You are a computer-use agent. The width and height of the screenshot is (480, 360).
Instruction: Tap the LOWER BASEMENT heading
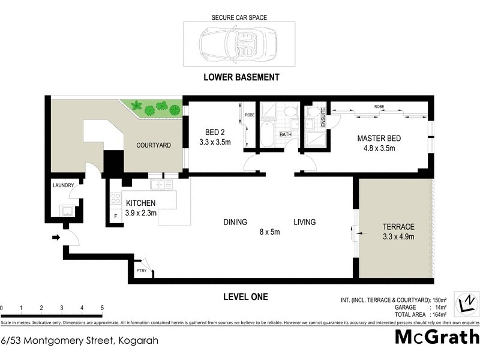[241, 77]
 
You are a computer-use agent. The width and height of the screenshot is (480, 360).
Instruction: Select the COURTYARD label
[154, 145]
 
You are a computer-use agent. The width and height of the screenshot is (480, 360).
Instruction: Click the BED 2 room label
[214, 138]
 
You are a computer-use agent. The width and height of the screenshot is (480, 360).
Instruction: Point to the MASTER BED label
[379, 143]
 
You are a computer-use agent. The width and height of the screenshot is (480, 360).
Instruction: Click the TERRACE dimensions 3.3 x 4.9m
[399, 236]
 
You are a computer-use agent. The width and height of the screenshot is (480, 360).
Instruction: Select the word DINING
[235, 222]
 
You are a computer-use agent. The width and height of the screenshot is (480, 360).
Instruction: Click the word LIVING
[304, 222]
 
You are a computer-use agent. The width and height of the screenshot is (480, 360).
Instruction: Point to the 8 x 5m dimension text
[269, 232]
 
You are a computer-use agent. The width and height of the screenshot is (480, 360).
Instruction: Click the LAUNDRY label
[63, 186]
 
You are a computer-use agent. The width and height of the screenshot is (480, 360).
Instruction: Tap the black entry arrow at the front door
[56, 238]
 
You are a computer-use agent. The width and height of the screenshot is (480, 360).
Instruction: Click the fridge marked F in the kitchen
[115, 217]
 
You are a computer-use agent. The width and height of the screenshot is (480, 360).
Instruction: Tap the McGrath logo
[436, 337]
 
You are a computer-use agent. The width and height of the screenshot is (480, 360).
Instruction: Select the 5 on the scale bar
[102, 308]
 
